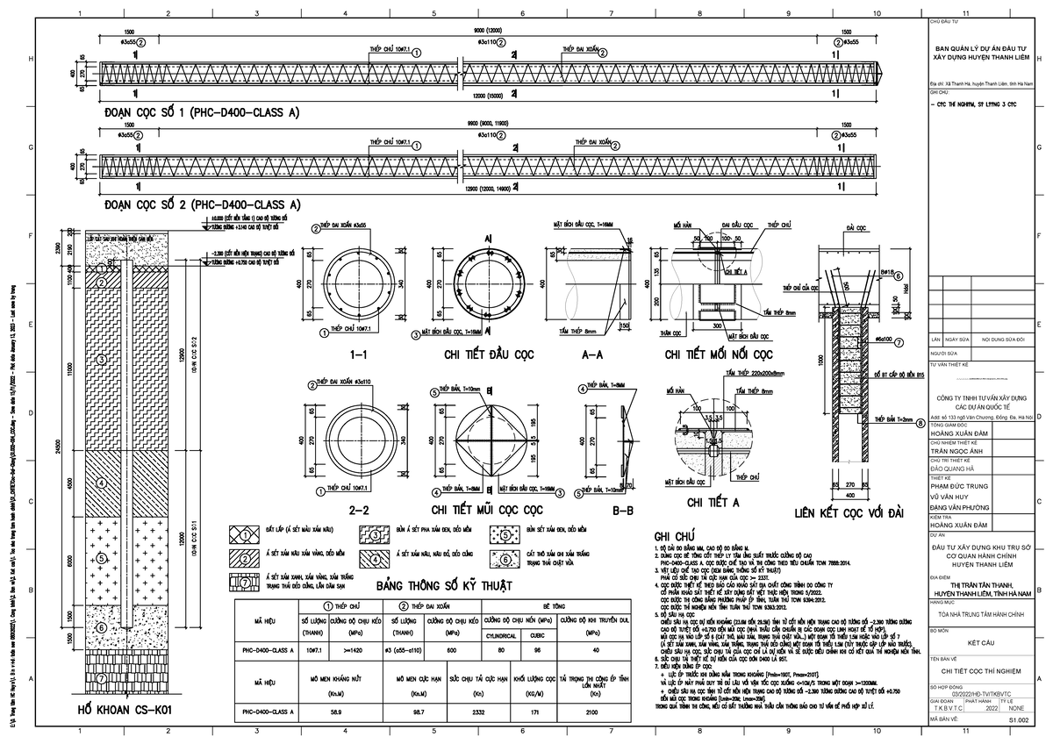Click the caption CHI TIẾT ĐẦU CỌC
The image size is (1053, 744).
(x=484, y=355)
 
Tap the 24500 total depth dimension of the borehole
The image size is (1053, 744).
(x=57, y=447)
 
